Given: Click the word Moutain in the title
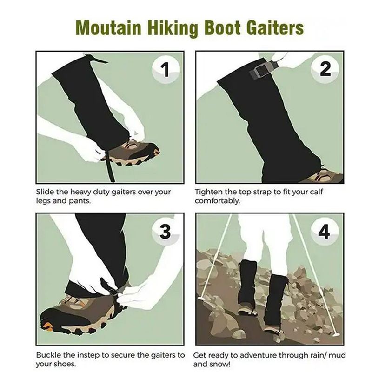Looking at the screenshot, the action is point(109,28).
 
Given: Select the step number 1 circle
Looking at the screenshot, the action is point(166,69).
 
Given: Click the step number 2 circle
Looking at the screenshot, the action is point(325,69).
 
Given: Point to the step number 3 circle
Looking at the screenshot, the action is point(166,231).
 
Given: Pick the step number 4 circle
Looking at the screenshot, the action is point(325,231).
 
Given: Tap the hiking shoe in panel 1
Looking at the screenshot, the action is point(133,153).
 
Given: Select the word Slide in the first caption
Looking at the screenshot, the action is point(45,192).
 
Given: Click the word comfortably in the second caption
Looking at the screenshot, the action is point(217,201).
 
